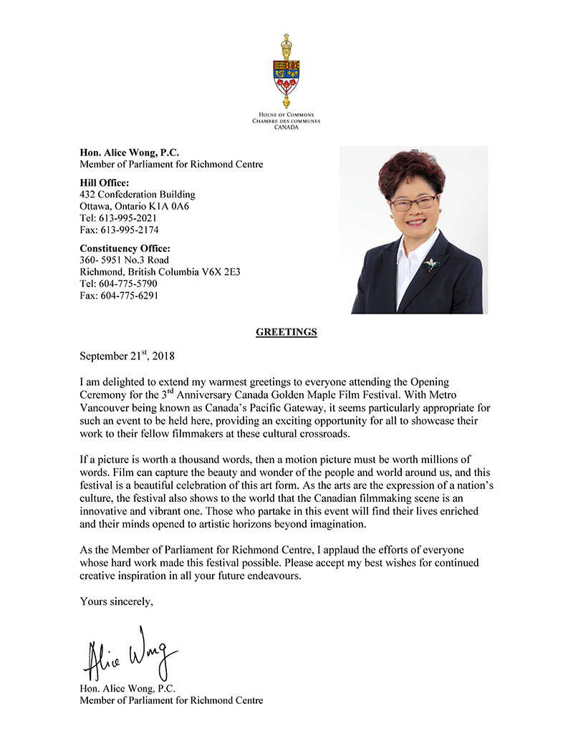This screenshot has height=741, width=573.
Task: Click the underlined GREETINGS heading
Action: (x=286, y=332)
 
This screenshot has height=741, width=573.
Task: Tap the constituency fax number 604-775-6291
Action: (x=128, y=295)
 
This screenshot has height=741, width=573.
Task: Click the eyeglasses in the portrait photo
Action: (x=413, y=203)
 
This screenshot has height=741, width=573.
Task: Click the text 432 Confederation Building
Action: (x=138, y=194)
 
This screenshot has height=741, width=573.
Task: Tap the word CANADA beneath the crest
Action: (x=286, y=127)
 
